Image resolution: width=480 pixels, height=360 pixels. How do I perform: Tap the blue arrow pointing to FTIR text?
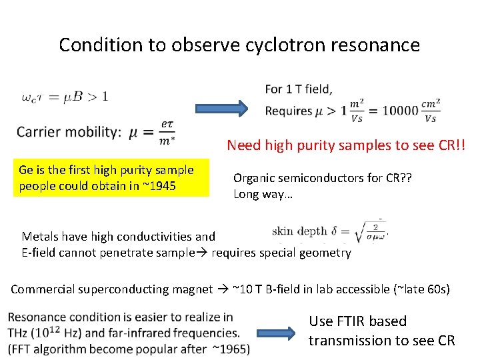(x=276, y=331)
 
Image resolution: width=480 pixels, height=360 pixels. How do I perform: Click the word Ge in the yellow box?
(x=26, y=170)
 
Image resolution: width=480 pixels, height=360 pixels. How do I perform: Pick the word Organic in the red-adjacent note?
(x=253, y=178)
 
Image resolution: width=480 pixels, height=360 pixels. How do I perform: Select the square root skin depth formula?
(x=366, y=233)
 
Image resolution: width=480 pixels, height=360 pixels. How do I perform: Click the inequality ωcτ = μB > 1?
(x=64, y=97)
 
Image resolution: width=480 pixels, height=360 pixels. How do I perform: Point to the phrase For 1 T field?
(x=299, y=89)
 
